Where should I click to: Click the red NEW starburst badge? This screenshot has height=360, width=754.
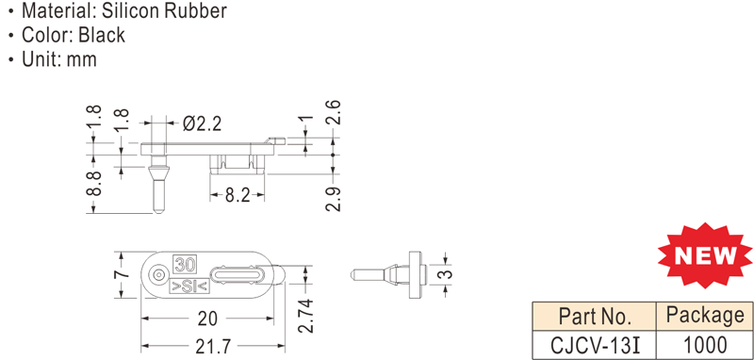click(x=705, y=255)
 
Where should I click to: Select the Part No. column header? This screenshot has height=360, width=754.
click(x=595, y=317)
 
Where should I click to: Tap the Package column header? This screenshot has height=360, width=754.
click(x=705, y=317)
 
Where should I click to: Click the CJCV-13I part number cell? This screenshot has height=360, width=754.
click(x=596, y=345)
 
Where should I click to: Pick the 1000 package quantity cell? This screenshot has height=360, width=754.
click(x=705, y=345)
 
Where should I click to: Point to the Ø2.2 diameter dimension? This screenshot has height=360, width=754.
click(x=202, y=124)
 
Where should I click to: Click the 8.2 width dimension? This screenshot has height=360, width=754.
click(x=238, y=195)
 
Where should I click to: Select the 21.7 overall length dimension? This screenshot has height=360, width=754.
click(x=213, y=347)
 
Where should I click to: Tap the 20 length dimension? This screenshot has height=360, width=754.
click(x=207, y=319)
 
